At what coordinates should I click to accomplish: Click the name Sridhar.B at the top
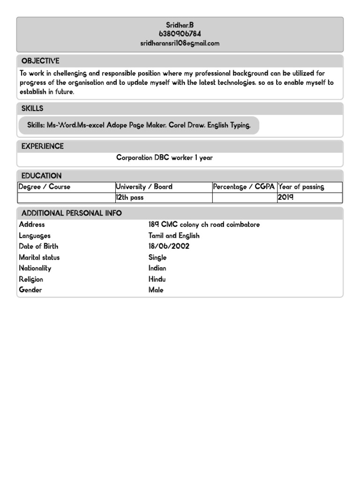[180, 25]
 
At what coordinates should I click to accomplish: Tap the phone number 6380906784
[180, 34]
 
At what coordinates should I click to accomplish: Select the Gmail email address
[180, 43]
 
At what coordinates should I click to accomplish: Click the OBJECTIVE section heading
[40, 61]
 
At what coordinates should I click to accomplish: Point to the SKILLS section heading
[32, 108]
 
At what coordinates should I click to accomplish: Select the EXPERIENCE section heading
[42, 146]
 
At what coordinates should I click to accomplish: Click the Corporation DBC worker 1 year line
[164, 157]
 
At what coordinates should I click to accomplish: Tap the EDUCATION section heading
[41, 176]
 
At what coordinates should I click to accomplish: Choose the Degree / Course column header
[44, 187]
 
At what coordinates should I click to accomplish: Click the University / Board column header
[144, 187]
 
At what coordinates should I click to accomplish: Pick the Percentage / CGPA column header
[244, 187]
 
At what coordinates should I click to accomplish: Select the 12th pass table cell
[130, 197]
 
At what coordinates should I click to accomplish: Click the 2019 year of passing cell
[285, 197]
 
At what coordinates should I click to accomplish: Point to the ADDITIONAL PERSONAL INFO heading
[71, 213]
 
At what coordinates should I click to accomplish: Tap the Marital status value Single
[157, 257]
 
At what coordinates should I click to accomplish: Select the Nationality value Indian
[157, 268]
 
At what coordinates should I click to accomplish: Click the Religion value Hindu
[157, 279]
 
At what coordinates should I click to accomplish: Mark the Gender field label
[30, 290]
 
